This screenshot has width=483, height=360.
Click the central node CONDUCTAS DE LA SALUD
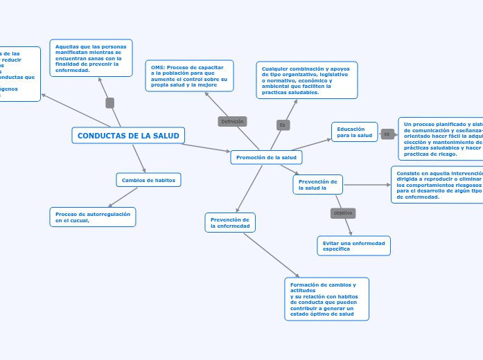point(128,136)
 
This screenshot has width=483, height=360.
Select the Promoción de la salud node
point(266,157)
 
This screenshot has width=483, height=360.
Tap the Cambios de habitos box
point(148,180)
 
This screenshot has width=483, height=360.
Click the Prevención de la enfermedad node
point(230,222)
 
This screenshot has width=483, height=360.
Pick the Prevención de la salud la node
point(317,184)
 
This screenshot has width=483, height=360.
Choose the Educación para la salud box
point(354,132)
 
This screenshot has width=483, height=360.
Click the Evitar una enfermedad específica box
point(353,246)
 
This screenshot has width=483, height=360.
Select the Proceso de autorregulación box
point(93,217)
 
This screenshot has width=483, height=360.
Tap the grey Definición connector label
point(232,121)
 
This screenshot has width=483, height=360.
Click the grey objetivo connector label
point(343,213)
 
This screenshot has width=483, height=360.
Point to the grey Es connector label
point(283,125)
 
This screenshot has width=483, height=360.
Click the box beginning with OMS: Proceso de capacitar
point(189,75)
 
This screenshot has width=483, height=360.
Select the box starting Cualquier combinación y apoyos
point(306,80)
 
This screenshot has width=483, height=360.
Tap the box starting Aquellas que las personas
point(91,58)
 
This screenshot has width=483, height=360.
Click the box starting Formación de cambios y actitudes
point(326,299)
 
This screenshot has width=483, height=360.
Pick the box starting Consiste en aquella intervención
point(437,184)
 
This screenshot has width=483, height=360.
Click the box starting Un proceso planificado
point(441,138)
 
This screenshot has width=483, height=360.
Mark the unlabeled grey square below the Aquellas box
point(109,102)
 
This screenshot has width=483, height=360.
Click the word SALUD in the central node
point(166,136)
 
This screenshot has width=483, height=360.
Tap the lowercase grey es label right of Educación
point(387,134)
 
